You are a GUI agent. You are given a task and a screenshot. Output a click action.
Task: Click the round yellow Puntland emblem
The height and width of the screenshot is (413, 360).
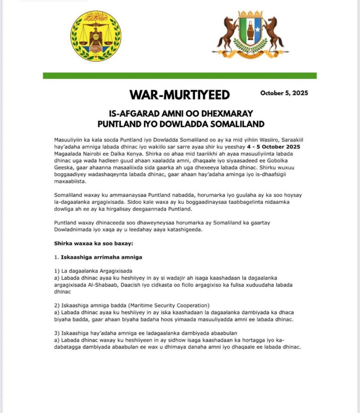click(x=96, y=36)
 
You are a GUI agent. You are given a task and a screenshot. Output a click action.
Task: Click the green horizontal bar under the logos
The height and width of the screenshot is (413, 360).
click(x=180, y=76)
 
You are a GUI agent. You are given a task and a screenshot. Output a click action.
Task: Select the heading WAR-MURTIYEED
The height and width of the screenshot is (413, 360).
click(x=180, y=95)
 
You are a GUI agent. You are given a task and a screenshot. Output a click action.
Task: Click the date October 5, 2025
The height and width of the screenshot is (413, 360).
click(x=284, y=93)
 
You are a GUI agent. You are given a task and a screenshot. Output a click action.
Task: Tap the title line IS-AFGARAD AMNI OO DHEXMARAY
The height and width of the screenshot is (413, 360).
click(x=180, y=114)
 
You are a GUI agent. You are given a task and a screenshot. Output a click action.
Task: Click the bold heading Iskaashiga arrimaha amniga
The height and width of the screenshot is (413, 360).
click(x=101, y=257)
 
